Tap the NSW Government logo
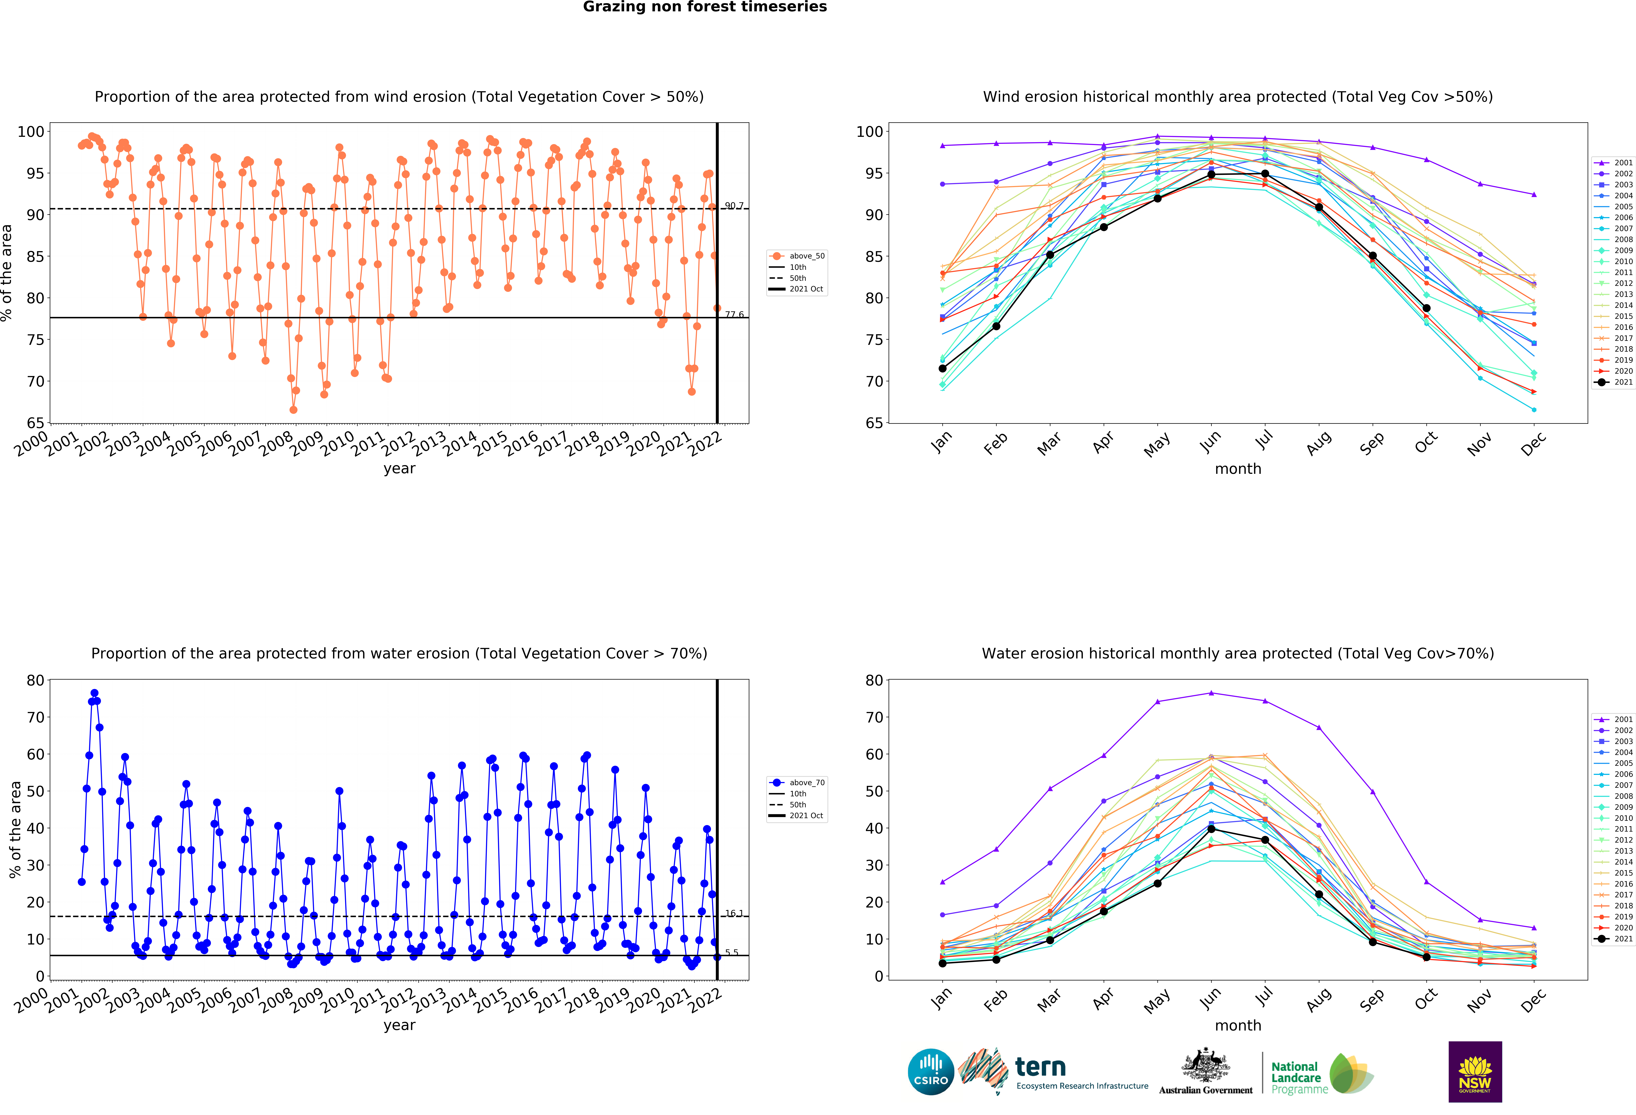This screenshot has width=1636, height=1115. point(1475,1071)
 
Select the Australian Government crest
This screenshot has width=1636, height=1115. point(1206,1065)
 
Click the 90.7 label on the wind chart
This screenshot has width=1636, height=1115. point(734,206)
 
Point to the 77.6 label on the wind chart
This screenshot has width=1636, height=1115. point(734,315)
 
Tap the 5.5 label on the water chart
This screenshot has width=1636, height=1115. point(732,952)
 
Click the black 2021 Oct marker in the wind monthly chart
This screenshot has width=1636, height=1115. point(1426,308)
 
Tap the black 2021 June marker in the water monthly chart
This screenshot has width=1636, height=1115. point(1211,829)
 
